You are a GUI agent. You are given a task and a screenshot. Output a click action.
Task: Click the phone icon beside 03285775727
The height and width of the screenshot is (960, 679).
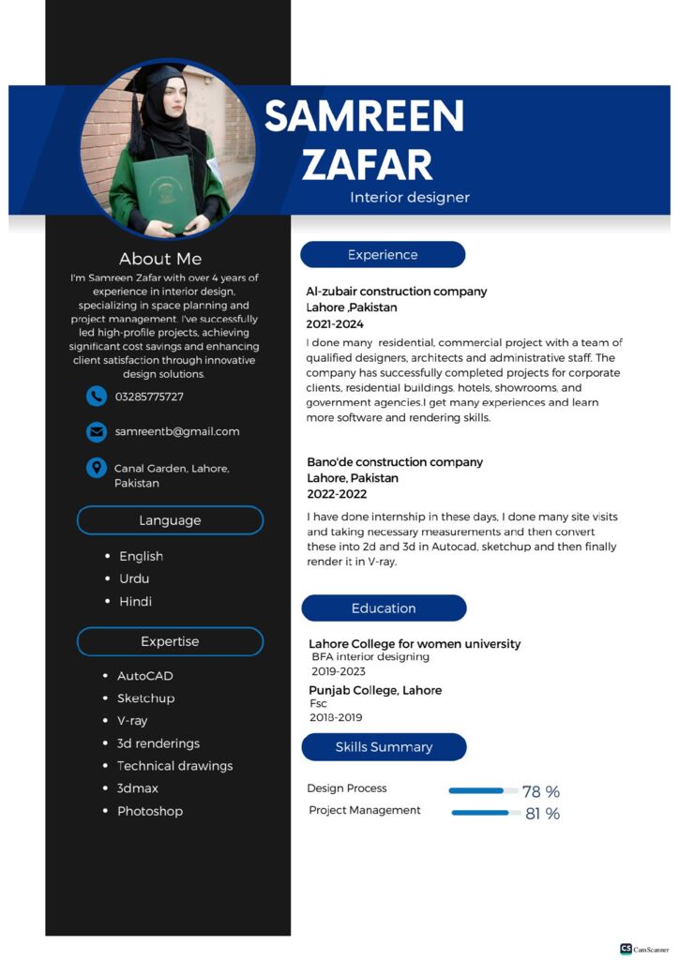click(x=96, y=397)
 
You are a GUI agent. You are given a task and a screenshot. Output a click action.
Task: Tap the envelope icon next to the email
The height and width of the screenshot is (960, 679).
click(x=96, y=431)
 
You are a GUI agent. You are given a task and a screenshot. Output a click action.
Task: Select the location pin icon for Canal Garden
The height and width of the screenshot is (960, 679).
click(x=96, y=467)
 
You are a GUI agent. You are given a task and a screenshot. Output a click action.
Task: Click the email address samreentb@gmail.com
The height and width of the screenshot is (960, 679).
click(x=177, y=431)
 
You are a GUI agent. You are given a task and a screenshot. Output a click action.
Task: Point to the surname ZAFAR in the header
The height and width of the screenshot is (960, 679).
click(x=367, y=164)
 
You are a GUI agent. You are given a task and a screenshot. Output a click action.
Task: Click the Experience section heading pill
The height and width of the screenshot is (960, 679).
click(x=383, y=254)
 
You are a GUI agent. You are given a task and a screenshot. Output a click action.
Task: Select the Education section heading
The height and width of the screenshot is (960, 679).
click(x=384, y=608)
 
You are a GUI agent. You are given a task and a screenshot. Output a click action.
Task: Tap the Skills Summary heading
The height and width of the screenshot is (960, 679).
click(x=384, y=747)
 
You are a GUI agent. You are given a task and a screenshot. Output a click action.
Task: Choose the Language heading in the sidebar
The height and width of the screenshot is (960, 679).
click(x=170, y=520)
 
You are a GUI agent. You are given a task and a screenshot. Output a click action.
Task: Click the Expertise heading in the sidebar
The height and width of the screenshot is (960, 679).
click(x=170, y=641)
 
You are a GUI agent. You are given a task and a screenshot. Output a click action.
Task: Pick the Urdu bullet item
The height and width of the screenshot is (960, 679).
click(x=134, y=578)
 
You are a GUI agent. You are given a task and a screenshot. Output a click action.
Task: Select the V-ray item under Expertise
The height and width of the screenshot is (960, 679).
click(x=132, y=721)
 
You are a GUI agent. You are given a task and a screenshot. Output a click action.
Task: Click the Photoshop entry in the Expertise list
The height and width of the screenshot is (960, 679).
click(x=150, y=811)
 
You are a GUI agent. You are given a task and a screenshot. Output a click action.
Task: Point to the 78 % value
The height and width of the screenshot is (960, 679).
click(x=541, y=792)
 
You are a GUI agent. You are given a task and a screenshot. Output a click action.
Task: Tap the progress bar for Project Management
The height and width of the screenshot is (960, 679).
click(x=486, y=813)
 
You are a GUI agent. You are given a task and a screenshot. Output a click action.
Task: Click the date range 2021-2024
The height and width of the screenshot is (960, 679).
click(x=335, y=323)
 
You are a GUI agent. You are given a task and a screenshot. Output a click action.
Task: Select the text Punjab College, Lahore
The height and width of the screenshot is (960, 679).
click(x=375, y=690)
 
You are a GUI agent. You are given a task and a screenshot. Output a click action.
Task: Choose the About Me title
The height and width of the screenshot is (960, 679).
click(x=160, y=259)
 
